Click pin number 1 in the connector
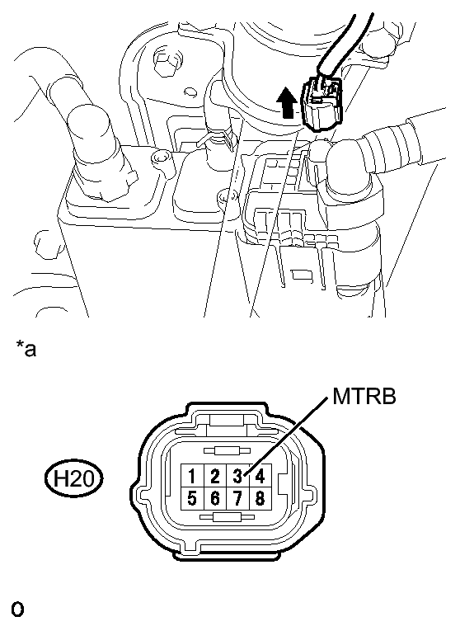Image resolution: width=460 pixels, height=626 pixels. tap(192, 476)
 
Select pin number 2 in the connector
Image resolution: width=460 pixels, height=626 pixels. tap(215, 476)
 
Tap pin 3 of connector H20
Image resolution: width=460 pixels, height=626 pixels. tap(237, 476)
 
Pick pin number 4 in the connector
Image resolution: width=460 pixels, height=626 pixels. tap(261, 476)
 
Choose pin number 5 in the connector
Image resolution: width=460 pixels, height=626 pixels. tap(192, 498)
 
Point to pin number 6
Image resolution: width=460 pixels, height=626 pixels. tap(215, 498)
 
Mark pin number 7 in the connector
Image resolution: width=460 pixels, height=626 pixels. tap(237, 498)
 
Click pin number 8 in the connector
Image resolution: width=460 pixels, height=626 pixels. tap(261, 498)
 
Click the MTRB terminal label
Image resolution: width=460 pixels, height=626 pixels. tap(364, 397)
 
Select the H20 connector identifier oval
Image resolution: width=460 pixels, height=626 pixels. tap(73, 478)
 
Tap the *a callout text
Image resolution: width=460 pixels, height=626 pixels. tap(26, 349)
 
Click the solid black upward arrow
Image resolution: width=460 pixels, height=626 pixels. tap(286, 103)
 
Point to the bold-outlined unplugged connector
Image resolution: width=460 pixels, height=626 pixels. tap(323, 103)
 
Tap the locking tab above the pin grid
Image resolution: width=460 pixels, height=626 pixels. tap(227, 450)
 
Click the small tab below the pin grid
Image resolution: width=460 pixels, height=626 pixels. tap(227, 517)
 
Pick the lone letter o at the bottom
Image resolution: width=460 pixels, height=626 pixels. tap(17, 610)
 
